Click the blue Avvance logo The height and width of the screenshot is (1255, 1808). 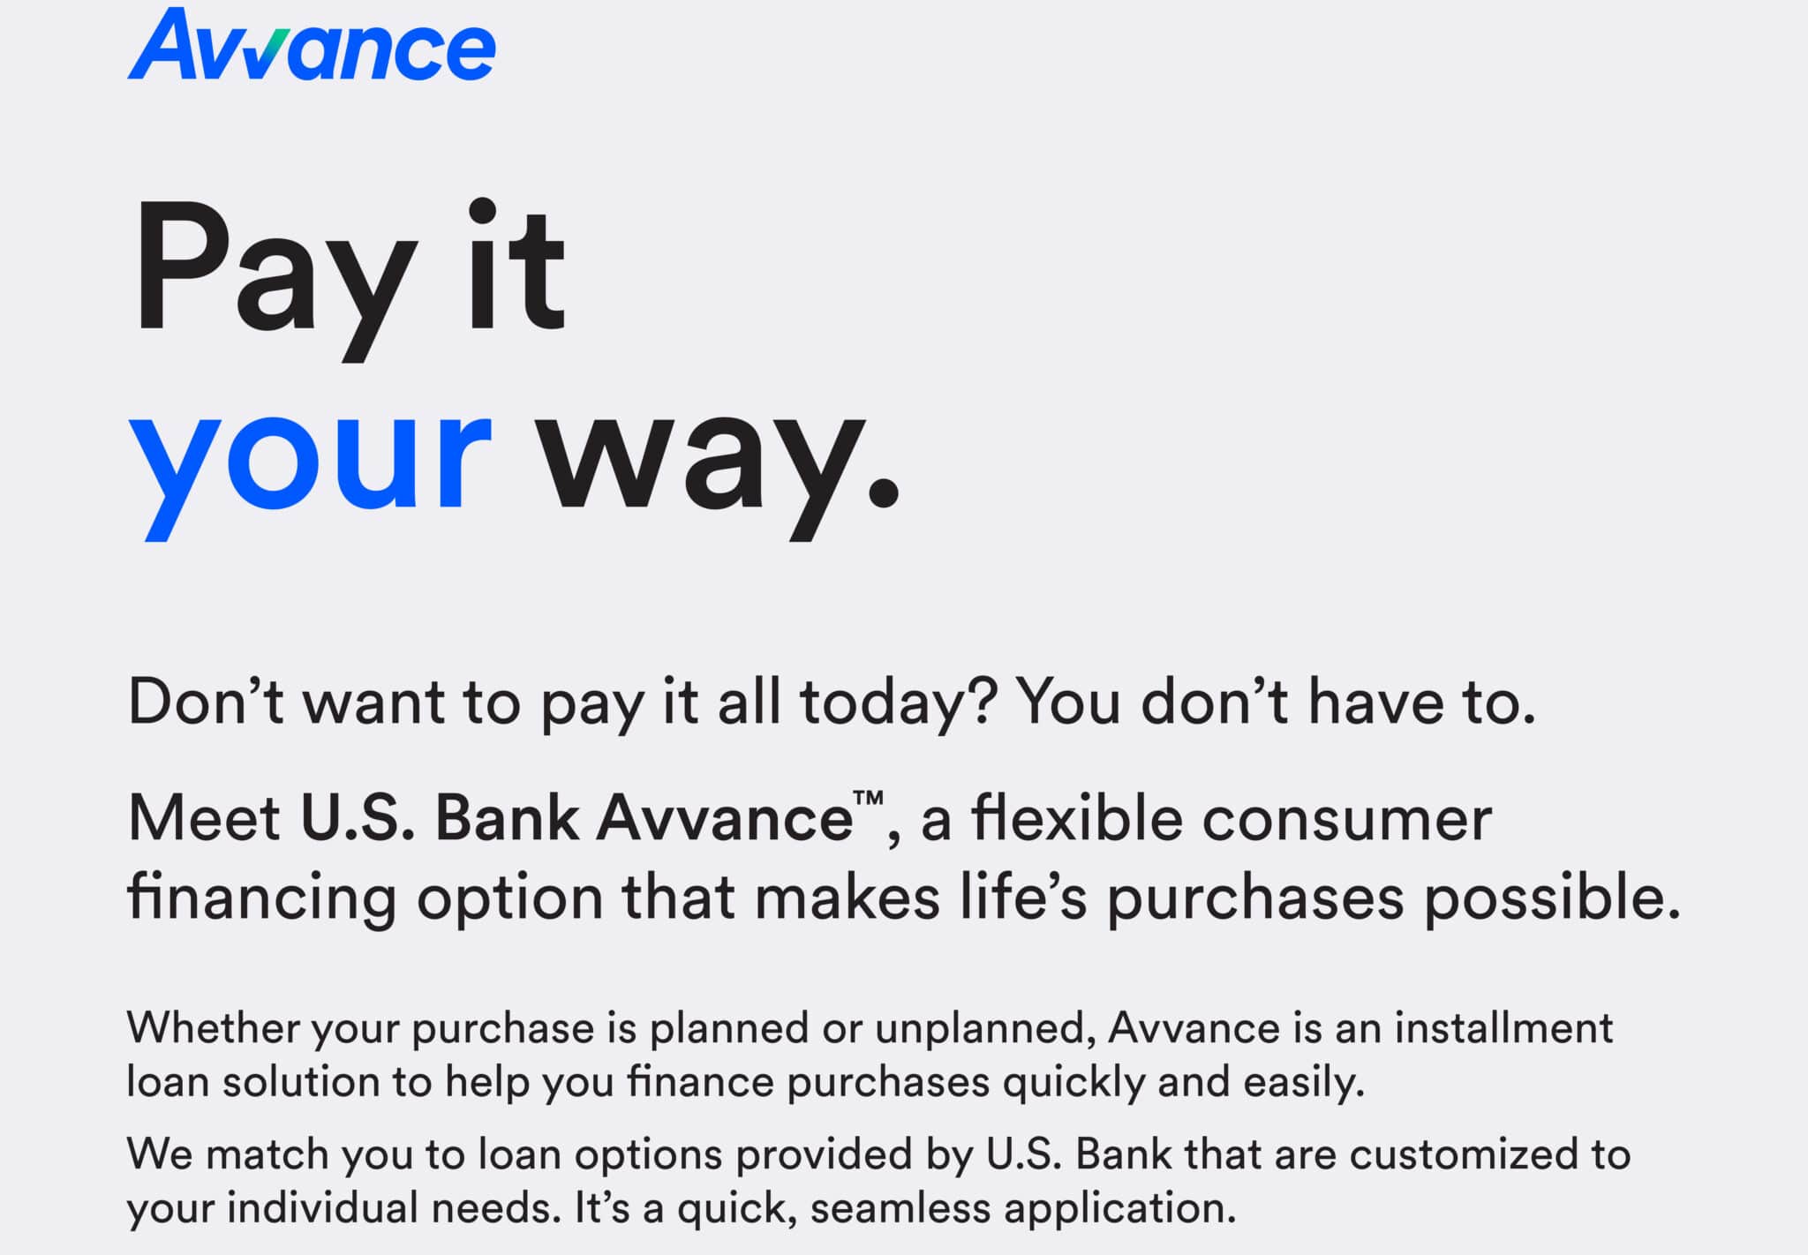[312, 44]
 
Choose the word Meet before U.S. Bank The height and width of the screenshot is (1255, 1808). [204, 818]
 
